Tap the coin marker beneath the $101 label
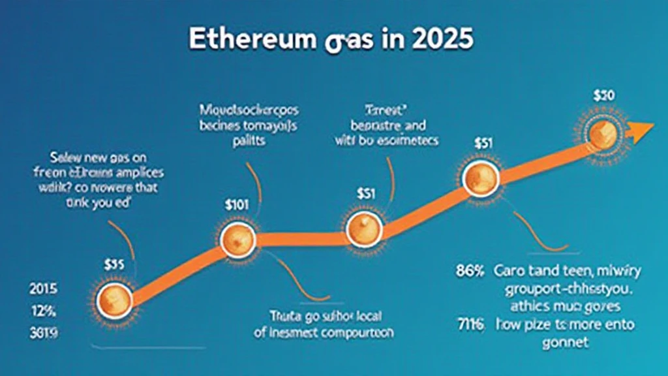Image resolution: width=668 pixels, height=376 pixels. point(236,241)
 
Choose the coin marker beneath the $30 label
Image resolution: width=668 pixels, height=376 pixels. point(603,133)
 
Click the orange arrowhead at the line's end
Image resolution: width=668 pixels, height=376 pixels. point(641,129)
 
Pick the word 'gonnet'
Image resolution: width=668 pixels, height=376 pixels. point(566,342)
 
